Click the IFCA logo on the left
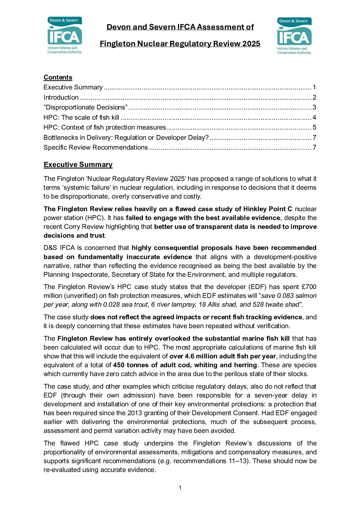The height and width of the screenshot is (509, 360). click(x=65, y=35)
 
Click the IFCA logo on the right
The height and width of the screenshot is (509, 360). click(x=294, y=36)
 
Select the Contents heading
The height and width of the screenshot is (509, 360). click(x=58, y=78)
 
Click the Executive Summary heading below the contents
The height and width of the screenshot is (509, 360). click(x=78, y=165)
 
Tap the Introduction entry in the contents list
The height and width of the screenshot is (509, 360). click(x=61, y=97)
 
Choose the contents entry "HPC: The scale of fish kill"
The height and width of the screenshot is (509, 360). click(x=81, y=117)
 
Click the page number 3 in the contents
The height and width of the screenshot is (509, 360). click(x=314, y=107)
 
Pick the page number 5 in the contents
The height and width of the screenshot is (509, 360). click(x=314, y=127)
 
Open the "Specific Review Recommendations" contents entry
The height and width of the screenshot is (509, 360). click(x=96, y=147)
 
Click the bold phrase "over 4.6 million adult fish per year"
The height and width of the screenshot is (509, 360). click(x=223, y=356)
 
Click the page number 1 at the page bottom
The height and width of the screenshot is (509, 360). click(x=180, y=488)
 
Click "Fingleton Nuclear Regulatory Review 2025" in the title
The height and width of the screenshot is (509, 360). click(x=180, y=44)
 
